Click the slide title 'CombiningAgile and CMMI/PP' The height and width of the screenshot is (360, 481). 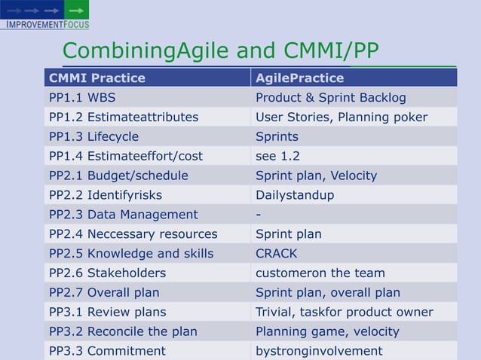[x=220, y=51]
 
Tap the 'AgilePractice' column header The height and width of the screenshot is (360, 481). [x=299, y=78]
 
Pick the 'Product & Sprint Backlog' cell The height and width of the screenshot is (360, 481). [x=330, y=97]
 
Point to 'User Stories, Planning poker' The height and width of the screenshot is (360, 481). [x=341, y=117]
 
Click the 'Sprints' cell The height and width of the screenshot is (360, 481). [x=277, y=136]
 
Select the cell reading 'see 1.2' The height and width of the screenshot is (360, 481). [x=277, y=156]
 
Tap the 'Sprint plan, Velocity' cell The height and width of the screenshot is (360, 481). [x=316, y=175]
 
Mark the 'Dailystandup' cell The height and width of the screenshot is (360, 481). [x=294, y=195]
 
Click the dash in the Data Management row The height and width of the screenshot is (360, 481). [x=259, y=215]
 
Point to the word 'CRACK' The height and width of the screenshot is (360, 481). [x=276, y=254]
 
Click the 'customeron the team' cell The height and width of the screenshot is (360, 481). [x=320, y=273]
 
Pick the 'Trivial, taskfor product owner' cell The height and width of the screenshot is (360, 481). [x=344, y=312]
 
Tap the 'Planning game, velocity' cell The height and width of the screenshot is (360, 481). [x=327, y=331]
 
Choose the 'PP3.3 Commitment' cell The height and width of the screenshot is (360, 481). [x=107, y=351]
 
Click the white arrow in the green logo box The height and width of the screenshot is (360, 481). [x=76, y=10]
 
